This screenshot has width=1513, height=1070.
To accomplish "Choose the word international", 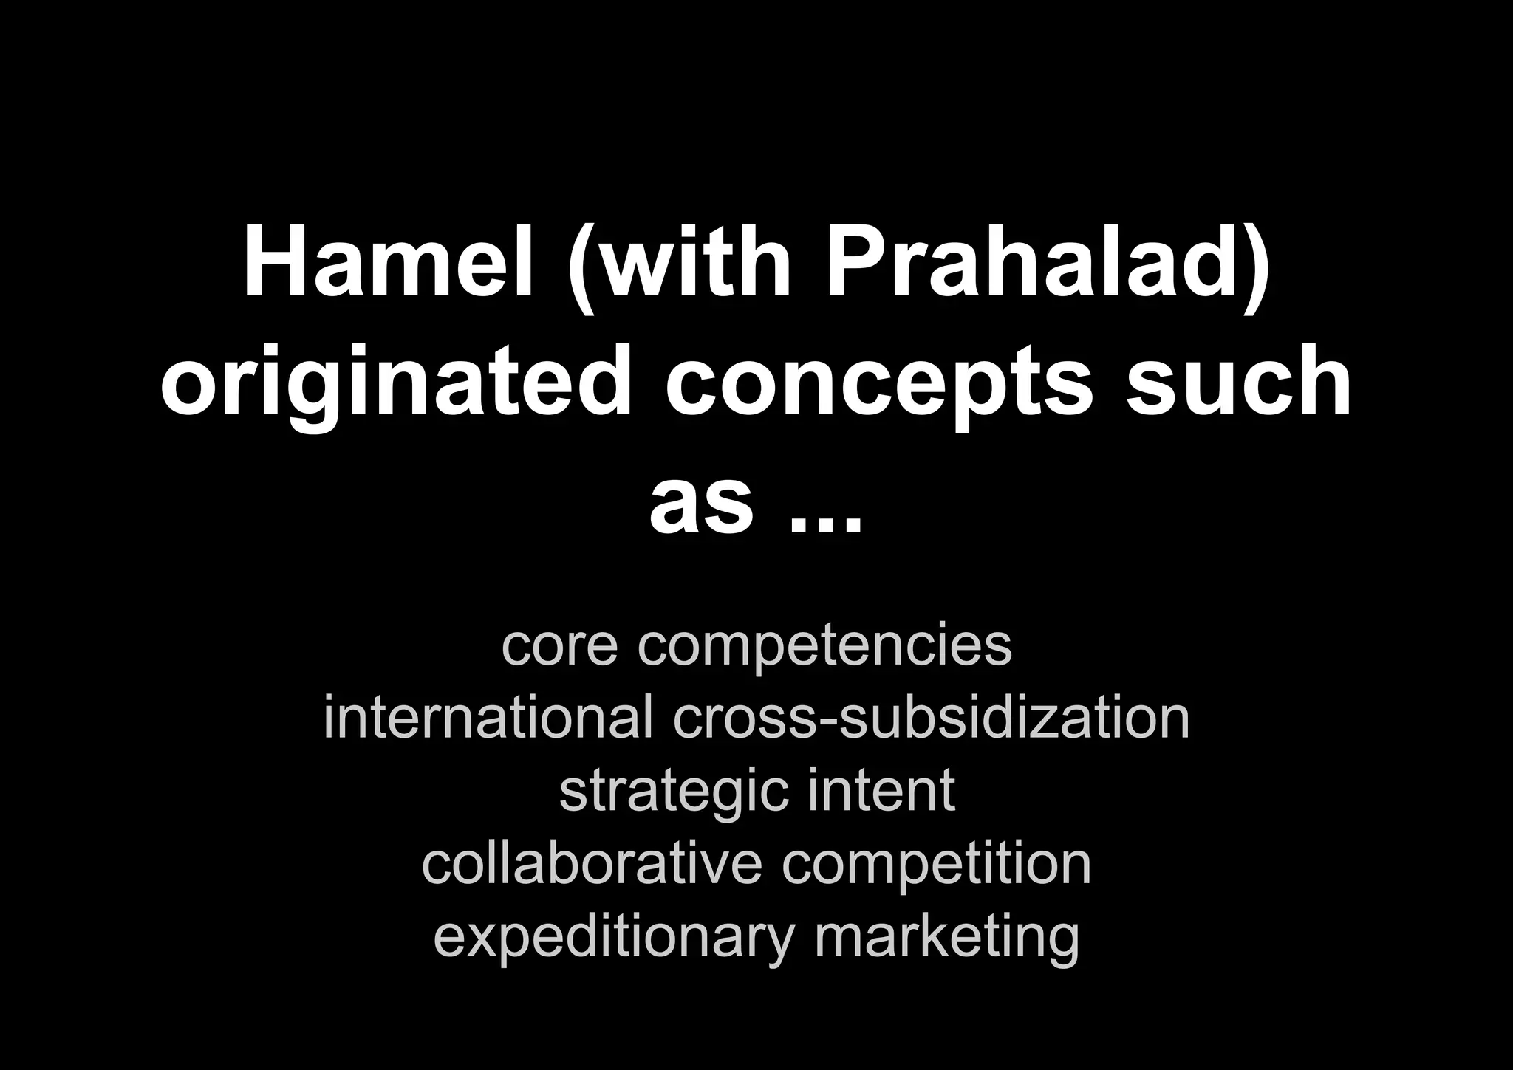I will pyautogui.click(x=488, y=718).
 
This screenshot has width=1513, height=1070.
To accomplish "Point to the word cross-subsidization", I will pyautogui.click(x=931, y=718).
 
